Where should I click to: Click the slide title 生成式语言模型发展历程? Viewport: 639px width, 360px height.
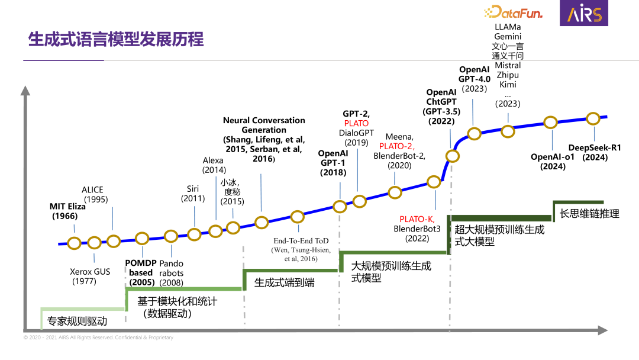pos(116,40)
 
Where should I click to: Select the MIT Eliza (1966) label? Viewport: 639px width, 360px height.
pos(67,211)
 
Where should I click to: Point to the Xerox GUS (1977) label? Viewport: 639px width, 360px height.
pos(90,277)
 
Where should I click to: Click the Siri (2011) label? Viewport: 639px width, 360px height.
pos(193,194)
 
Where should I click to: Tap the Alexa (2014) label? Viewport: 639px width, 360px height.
pos(214,165)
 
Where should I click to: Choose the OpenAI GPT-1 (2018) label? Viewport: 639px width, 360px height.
pos(333,163)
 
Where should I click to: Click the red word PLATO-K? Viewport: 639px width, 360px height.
pos(417,219)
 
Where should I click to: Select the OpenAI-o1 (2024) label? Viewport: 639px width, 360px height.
pos(552,162)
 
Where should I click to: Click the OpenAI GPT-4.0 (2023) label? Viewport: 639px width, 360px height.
pos(475,79)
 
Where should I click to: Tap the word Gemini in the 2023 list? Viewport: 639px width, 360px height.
pos(508,37)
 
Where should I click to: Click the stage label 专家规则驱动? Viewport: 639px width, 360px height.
pos(77,322)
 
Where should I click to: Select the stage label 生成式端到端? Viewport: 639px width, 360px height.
pos(284,283)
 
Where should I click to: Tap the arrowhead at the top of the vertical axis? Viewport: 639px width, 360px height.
pos(25,91)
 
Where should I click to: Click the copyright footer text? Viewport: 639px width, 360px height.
pos(98,337)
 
